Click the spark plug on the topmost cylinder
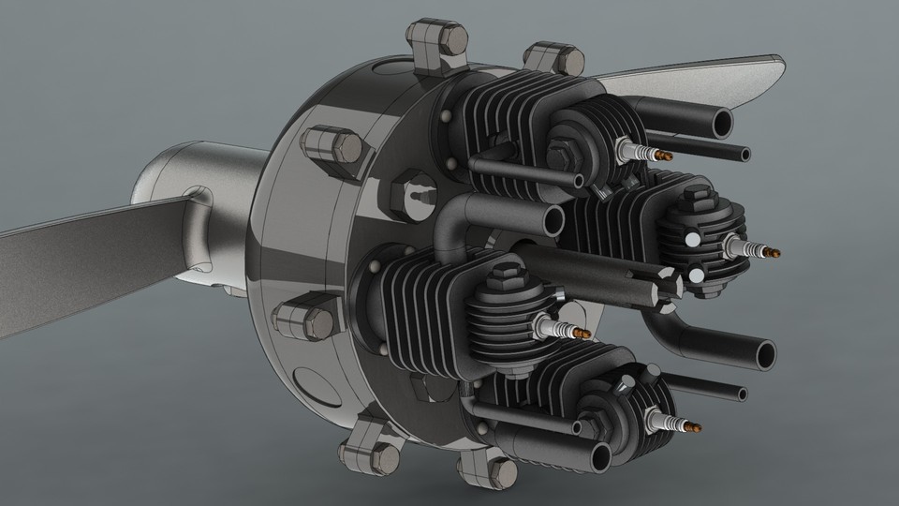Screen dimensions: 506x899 [645, 149]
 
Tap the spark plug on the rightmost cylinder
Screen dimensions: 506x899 [751, 248]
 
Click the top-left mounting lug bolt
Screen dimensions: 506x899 [435, 42]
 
